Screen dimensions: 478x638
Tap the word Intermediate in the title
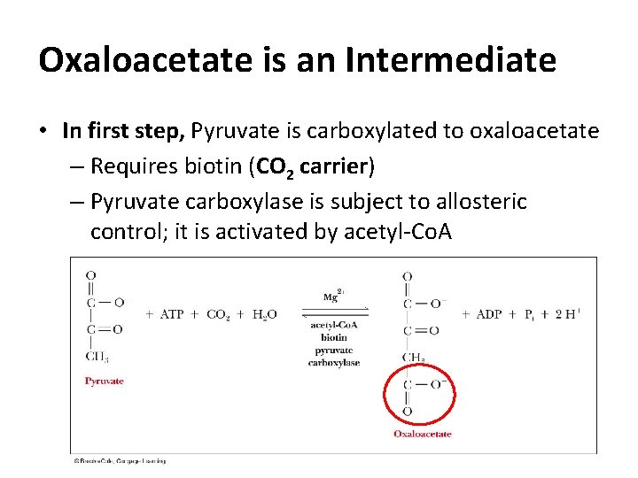point(452,60)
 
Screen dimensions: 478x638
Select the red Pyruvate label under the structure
point(104,382)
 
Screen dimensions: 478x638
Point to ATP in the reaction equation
point(172,314)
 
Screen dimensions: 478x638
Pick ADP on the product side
point(488,314)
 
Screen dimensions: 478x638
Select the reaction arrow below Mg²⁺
point(335,312)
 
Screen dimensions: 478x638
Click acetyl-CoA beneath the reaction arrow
point(334,325)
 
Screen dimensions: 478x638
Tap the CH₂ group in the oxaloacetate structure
point(413,358)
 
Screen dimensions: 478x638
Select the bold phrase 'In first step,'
point(124,132)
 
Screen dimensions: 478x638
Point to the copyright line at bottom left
point(120,460)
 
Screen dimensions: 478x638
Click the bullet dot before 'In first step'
point(43,132)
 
